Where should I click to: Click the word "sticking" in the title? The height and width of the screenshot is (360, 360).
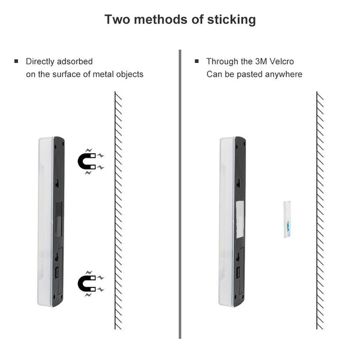pos(232,20)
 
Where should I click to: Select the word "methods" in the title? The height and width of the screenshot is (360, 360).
pos(161,19)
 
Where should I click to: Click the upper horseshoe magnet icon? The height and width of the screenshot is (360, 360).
pos(91,161)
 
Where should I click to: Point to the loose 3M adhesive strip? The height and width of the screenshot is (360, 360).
pos(287,219)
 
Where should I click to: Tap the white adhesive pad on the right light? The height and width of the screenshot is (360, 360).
pos(240,219)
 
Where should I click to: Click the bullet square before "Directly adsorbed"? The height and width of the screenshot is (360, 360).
pos(16,61)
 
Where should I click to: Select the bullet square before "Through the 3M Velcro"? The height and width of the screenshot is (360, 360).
pos(197,61)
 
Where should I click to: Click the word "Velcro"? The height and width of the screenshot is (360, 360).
pos(281,61)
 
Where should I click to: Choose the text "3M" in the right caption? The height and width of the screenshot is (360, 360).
pos(261,61)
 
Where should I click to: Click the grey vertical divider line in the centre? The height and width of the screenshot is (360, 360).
pos(180,194)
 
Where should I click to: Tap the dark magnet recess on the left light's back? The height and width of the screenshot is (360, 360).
pos(59,220)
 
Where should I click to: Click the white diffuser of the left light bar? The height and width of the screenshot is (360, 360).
pos(45,222)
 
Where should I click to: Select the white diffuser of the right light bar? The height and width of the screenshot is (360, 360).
pos(227,222)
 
